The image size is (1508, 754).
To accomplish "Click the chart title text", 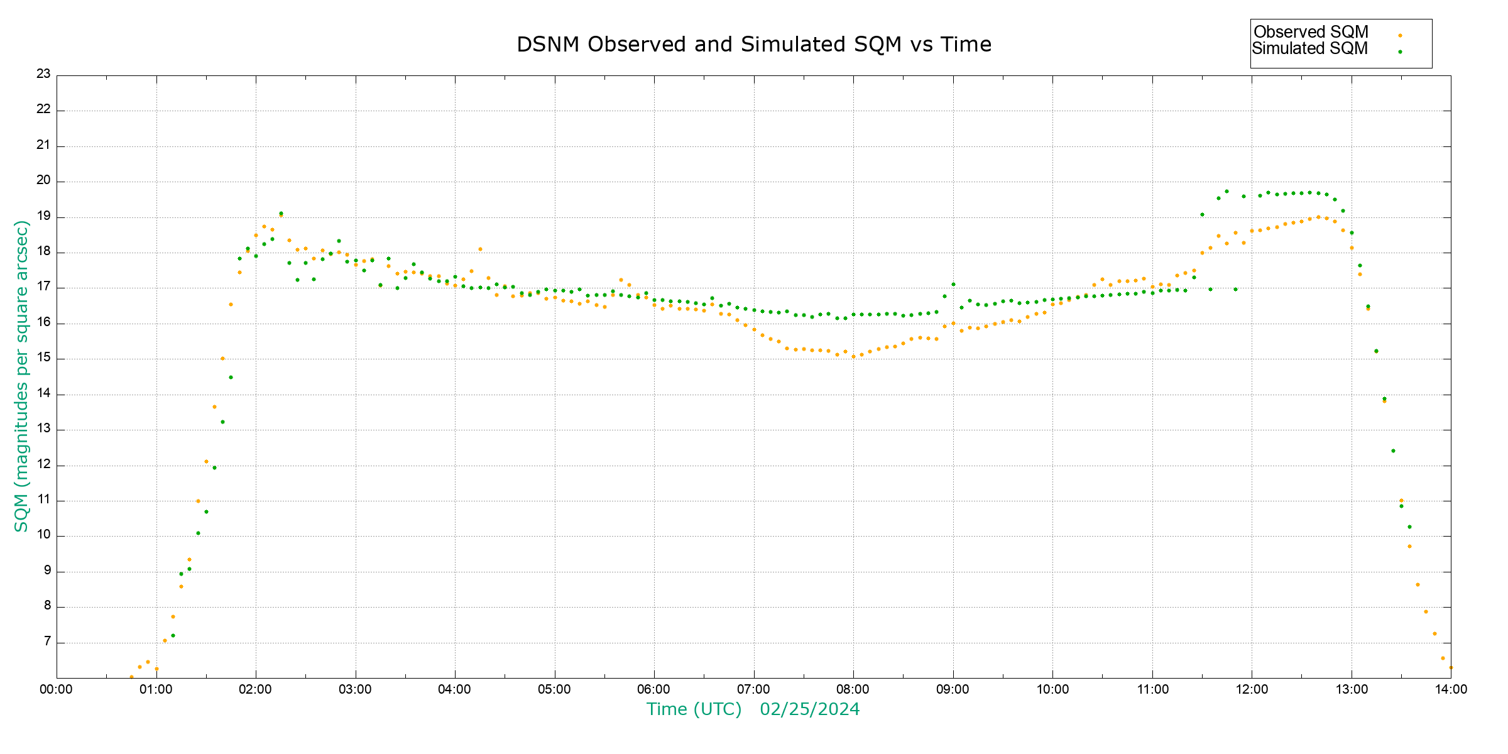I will (754, 45).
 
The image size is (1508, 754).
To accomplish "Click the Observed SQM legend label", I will (1311, 32).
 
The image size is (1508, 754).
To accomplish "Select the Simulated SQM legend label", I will (1309, 48).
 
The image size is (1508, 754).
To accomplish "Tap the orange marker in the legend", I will (1400, 35).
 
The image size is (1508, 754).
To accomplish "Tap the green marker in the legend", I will (1400, 52).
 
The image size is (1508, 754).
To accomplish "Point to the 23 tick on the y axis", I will (43, 74).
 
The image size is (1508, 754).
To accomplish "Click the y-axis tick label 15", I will (43, 358).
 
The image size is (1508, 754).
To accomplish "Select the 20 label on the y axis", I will (43, 181).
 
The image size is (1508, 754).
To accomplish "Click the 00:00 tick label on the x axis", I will (57, 689).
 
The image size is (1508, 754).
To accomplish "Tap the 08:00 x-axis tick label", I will (853, 689).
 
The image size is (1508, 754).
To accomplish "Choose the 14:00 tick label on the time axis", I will (1451, 689).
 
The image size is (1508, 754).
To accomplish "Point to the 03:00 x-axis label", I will (356, 689).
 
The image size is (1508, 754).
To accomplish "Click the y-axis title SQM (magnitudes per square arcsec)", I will (22, 376).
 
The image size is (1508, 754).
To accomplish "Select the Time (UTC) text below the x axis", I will (694, 709).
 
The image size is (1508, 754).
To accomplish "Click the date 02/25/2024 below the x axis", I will (809, 709).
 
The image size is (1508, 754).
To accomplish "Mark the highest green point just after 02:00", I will (281, 214).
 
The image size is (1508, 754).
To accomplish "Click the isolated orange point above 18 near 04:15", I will (480, 249).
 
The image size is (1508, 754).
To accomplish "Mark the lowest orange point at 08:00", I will (853, 356).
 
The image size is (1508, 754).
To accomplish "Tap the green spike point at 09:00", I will (953, 284).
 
